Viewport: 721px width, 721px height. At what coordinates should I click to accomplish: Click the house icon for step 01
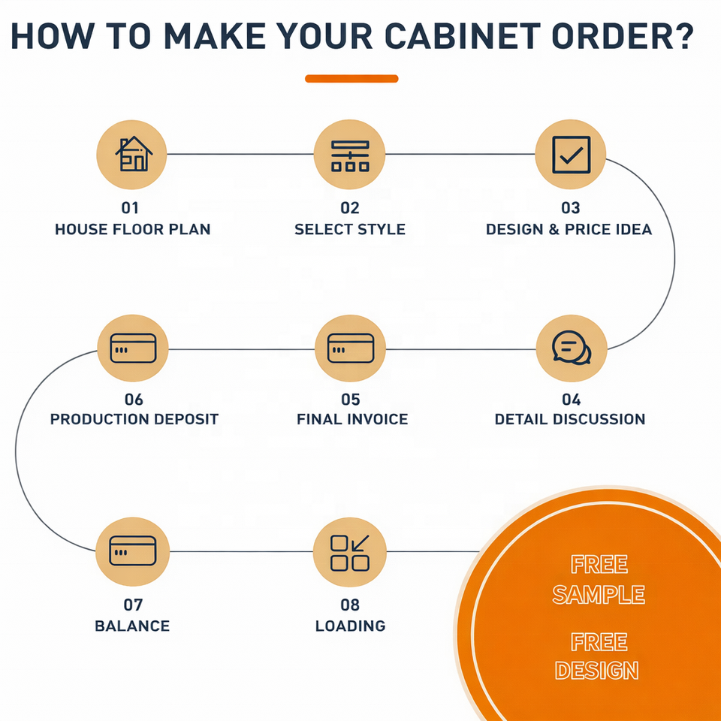[132, 154]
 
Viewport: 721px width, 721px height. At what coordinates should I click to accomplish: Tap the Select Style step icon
[349, 154]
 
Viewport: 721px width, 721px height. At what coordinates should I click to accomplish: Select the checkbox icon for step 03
[570, 154]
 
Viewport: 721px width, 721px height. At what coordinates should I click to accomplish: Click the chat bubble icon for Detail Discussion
[571, 348]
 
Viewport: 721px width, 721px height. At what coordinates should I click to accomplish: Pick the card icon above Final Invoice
[350, 348]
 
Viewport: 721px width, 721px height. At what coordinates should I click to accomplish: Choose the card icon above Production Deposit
[133, 348]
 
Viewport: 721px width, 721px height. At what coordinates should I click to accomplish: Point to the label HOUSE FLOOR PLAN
[133, 229]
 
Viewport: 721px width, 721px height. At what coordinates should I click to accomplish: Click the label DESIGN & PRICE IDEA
[569, 229]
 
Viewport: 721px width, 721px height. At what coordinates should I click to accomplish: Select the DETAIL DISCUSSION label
[569, 419]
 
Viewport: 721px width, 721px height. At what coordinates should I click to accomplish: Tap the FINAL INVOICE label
[352, 419]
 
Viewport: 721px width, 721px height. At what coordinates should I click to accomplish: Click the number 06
[134, 400]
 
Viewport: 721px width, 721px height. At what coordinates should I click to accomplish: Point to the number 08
[350, 605]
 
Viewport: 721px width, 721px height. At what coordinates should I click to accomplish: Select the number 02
[350, 208]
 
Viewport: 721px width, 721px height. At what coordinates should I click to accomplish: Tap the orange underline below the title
[351, 78]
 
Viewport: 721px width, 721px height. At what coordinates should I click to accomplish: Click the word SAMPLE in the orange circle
[599, 594]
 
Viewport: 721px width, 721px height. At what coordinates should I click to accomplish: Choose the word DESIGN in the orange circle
[597, 670]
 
